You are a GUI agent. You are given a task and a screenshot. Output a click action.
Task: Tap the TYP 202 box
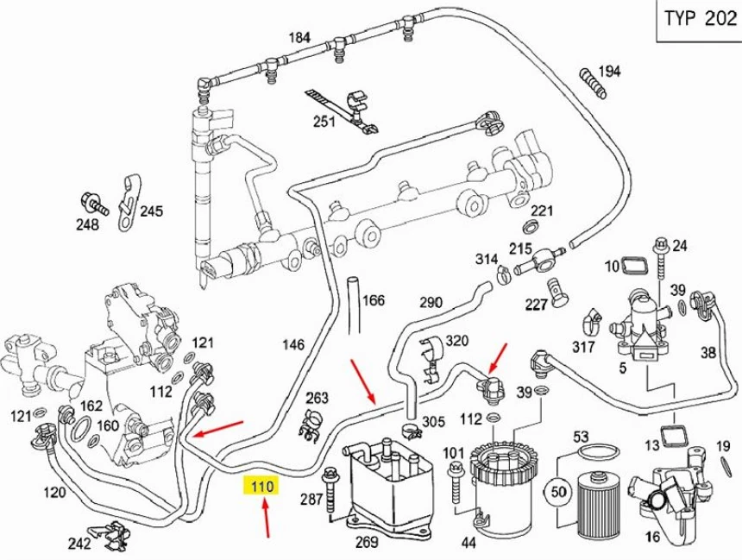pos(697,19)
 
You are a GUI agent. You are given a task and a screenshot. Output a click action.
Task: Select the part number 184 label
pos(299,37)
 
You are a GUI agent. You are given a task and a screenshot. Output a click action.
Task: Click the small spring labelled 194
pos(589,79)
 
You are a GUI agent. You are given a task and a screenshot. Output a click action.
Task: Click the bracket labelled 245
pos(127,201)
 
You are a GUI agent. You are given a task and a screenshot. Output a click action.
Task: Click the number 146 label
pos(293,344)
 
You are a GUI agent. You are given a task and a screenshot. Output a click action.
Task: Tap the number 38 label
pos(707,352)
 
